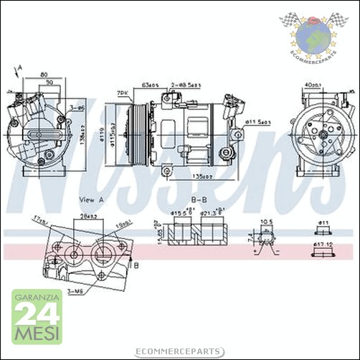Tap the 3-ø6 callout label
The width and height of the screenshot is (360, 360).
77,107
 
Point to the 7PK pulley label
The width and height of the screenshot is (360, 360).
123,93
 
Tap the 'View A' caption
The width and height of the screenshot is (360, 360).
92,199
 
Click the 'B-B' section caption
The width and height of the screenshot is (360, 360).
199,199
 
